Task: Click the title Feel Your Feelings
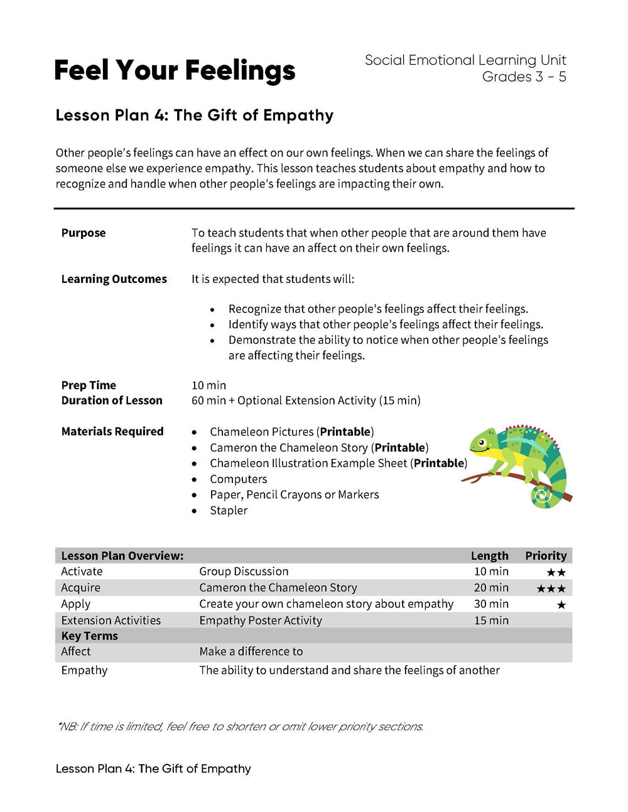click(175, 70)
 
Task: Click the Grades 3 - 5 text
click(524, 77)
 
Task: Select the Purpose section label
click(84, 233)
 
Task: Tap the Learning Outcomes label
click(114, 279)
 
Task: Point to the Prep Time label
click(89, 385)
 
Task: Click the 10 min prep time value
click(208, 385)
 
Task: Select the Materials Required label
click(112, 432)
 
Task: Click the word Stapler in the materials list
click(229, 510)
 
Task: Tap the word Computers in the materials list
click(238, 479)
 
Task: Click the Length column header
click(489, 556)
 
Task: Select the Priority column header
click(545, 556)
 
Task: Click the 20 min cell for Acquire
click(491, 588)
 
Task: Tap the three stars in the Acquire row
click(551, 589)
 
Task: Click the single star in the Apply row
click(561, 605)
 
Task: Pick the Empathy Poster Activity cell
click(260, 621)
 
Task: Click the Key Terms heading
click(89, 636)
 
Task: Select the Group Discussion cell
click(244, 572)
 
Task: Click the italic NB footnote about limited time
click(240, 727)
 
